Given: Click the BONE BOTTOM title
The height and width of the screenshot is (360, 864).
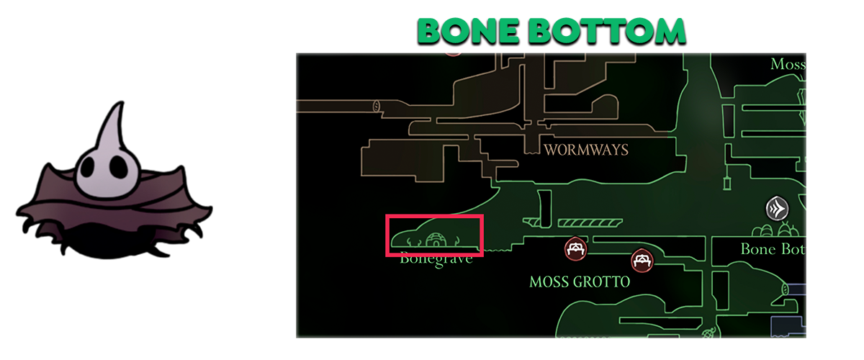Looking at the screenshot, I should pos(551,31).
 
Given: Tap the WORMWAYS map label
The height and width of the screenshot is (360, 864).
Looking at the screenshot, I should pos(586,150).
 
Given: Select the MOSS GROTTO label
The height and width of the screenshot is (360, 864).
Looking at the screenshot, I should pos(579,282).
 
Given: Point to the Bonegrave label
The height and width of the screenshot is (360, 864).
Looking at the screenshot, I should pos(436,258).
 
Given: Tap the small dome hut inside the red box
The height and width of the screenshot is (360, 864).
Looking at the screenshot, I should pos(436,239).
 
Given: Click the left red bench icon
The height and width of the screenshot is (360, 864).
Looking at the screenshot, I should pos(575,249).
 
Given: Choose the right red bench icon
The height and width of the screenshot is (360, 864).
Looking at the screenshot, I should pos(641,260).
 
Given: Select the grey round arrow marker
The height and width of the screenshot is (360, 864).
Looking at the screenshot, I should pos(777,209).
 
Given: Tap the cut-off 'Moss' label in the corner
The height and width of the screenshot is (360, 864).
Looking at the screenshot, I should pos(787,64).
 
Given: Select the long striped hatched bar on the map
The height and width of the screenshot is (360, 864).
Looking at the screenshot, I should pos(589,223).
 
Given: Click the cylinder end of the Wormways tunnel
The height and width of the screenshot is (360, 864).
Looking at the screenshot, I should pos(377,107).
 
